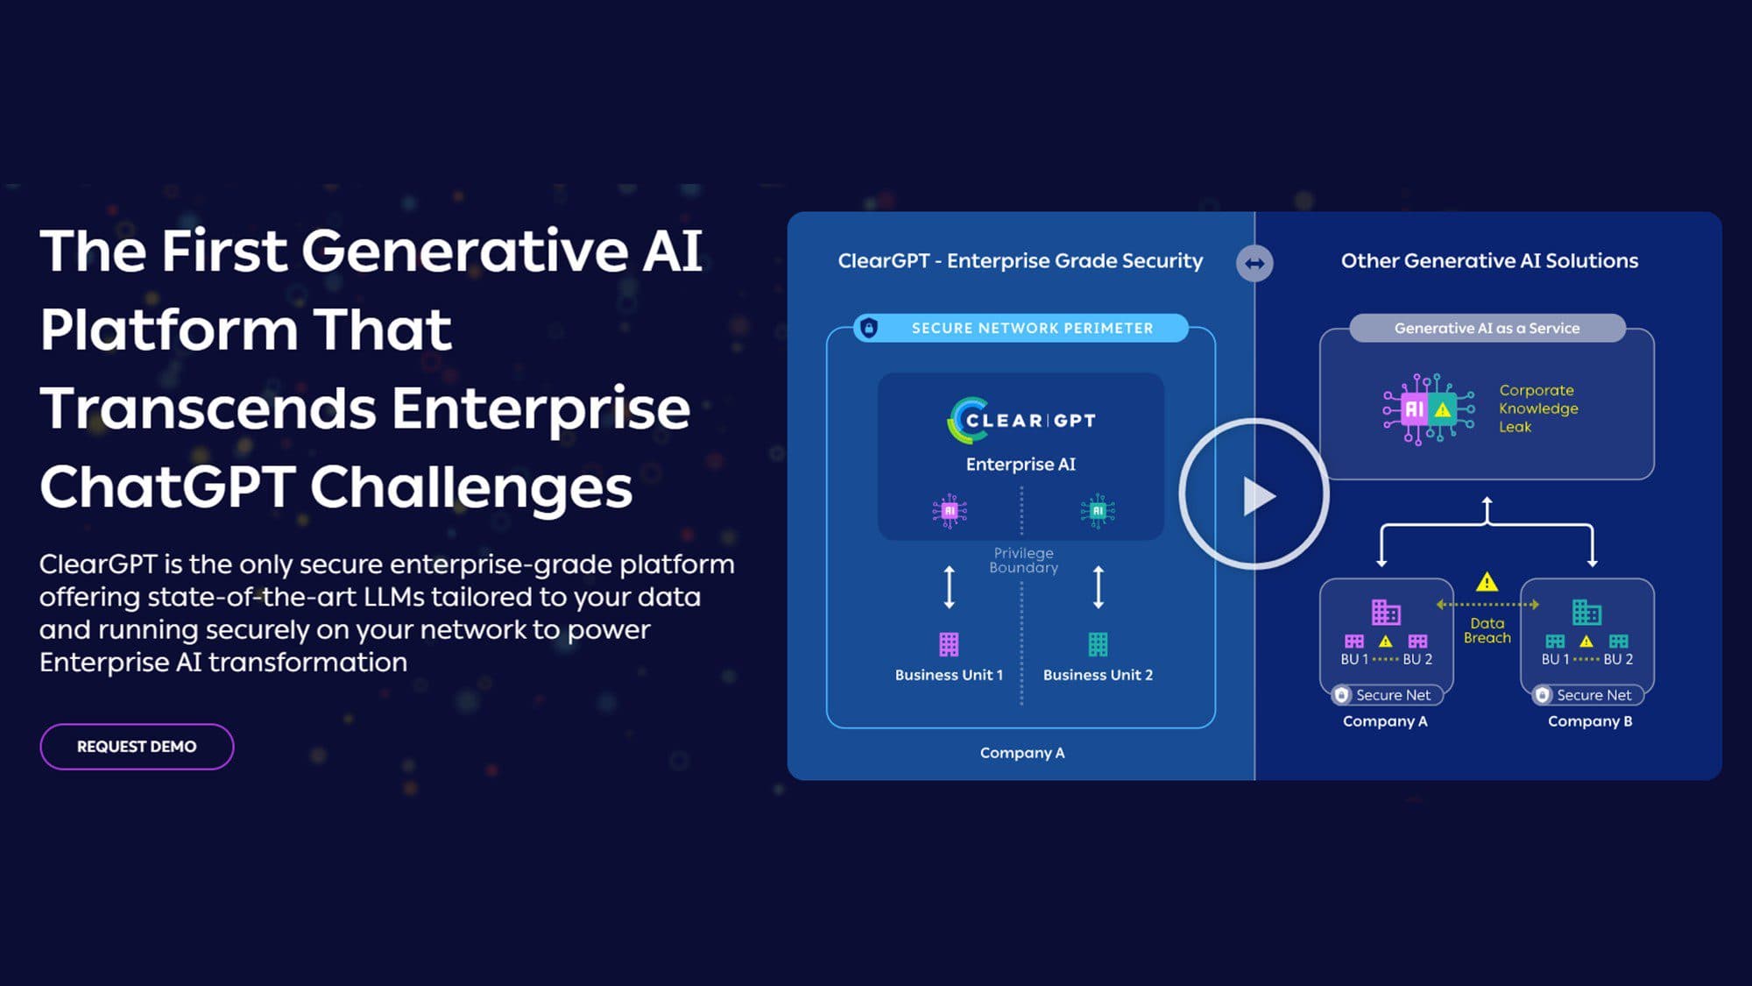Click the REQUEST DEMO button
pyautogui.click(x=137, y=747)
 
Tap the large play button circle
pyautogui.click(x=1254, y=495)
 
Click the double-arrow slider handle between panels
pyautogui.click(x=1254, y=263)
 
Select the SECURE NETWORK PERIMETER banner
pyautogui.click(x=1031, y=328)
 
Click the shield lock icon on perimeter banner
pyautogui.click(x=869, y=328)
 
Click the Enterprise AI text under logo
pyautogui.click(x=1021, y=465)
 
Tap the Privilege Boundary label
pyautogui.click(x=1023, y=560)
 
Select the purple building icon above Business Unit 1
pyautogui.click(x=949, y=644)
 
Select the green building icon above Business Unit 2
pyautogui.click(x=1098, y=644)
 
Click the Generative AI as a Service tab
pyautogui.click(x=1487, y=328)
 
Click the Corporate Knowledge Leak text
pyautogui.click(x=1537, y=408)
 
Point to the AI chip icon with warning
pyautogui.click(x=1428, y=409)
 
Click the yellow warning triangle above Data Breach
pyautogui.click(x=1487, y=582)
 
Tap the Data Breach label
pyautogui.click(x=1487, y=630)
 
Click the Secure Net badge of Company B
pyautogui.click(x=1587, y=695)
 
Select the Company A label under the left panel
pyautogui.click(x=1021, y=753)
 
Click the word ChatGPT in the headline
pyautogui.click(x=166, y=487)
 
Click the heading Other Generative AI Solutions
pyautogui.click(x=1489, y=260)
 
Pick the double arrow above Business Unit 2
pyautogui.click(x=1099, y=587)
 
